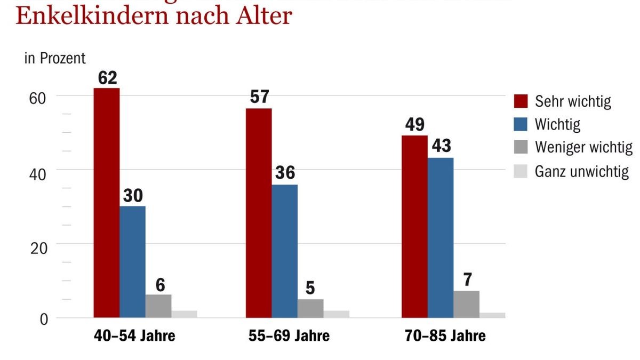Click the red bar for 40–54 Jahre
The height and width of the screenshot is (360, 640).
click(x=107, y=203)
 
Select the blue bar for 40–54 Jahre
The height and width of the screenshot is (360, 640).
click(x=132, y=262)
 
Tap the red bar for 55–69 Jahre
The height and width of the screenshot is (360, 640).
click(x=259, y=213)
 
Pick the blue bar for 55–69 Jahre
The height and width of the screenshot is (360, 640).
click(x=285, y=251)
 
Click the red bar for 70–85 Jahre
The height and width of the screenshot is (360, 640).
click(x=414, y=227)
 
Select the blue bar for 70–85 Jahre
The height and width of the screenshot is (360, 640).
click(x=441, y=238)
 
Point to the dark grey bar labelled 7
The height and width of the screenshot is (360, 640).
click(x=466, y=304)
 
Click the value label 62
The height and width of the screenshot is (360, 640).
click(x=107, y=78)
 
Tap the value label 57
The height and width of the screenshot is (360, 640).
click(x=259, y=97)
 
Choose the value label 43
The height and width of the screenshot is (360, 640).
click(x=441, y=146)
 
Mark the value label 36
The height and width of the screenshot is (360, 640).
click(x=285, y=173)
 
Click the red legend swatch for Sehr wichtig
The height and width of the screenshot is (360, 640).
click(x=521, y=101)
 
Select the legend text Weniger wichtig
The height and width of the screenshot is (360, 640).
click(x=583, y=147)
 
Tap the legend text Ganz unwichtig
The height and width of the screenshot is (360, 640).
click(x=582, y=171)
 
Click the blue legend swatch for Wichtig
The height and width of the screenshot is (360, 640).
click(x=521, y=124)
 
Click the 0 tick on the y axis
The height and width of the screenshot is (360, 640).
click(x=44, y=319)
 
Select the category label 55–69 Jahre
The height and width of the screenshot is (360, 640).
click(x=289, y=336)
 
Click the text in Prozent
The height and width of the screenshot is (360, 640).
click(x=55, y=58)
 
